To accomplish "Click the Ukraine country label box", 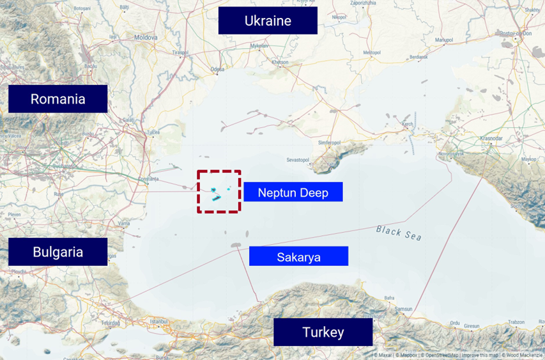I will (x=268, y=20).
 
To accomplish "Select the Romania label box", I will (x=58, y=99).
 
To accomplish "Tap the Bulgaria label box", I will (x=58, y=252).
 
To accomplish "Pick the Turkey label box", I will (x=323, y=333).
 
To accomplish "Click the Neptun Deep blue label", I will (x=293, y=192).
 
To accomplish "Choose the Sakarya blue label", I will (x=298, y=256).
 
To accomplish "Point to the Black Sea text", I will (x=399, y=232).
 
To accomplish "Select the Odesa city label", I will (x=218, y=68).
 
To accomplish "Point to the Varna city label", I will (x=124, y=223).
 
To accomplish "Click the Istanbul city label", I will (x=158, y=321).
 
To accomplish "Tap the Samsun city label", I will (x=403, y=309).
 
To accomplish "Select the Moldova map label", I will (x=146, y=38).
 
